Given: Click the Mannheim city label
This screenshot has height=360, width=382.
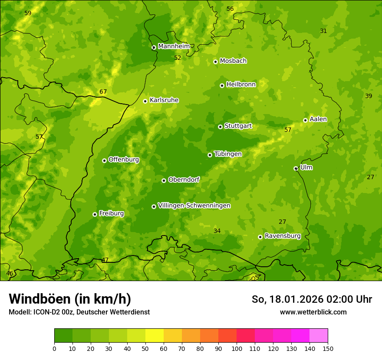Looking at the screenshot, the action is [174, 46].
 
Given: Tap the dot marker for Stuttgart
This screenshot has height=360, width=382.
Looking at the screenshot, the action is [220, 127].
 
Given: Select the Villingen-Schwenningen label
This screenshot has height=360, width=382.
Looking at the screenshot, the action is [194, 206].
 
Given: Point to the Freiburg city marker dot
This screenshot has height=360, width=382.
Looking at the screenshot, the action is [95, 214].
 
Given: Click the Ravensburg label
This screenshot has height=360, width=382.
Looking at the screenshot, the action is [283, 236].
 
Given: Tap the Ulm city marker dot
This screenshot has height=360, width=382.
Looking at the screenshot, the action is [296, 168].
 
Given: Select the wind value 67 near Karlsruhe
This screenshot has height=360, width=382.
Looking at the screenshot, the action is [103, 92].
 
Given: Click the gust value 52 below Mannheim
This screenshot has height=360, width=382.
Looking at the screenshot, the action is [178, 58].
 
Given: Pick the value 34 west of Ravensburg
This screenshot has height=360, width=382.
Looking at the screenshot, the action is [217, 231].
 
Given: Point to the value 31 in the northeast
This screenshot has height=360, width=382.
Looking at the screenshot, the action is [323, 31].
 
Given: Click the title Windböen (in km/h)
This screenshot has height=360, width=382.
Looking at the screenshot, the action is [69, 299].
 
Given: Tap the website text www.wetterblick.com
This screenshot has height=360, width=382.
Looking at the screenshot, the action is [313, 312].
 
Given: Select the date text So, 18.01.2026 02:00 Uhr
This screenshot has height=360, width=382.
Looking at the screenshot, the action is [312, 299].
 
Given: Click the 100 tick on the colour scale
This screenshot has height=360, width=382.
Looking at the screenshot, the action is [237, 348].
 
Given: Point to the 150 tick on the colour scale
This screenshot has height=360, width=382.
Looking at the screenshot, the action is [328, 348].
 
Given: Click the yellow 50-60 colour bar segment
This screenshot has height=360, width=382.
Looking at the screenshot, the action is [155, 335].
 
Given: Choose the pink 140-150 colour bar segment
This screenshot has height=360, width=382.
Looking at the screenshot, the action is [319, 335].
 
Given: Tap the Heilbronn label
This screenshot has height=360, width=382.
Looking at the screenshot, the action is [241, 85].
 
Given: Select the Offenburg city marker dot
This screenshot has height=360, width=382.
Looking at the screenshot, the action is [104, 160].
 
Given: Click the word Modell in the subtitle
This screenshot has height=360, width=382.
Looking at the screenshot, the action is [19, 312].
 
